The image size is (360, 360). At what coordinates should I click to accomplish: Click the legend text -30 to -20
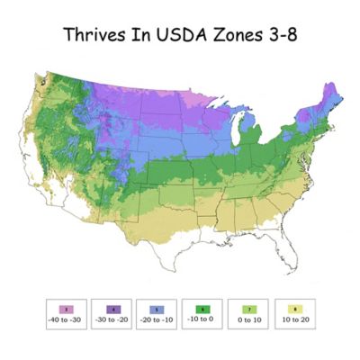112,321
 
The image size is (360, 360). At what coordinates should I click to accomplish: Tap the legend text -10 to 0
204,321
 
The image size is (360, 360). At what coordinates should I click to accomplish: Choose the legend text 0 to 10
251,321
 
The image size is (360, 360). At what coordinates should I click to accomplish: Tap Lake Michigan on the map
238,143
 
